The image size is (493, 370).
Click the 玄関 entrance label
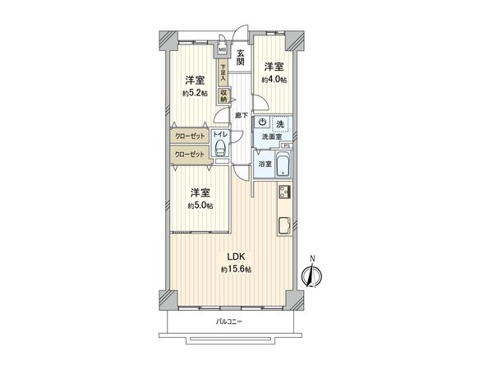coord(241,59)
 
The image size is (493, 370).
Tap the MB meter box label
coord(222,49)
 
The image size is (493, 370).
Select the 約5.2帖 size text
coord(195,92)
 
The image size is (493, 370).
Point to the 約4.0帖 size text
coord(274,80)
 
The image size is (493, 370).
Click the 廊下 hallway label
coord(241,116)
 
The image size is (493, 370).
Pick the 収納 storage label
coord(223,95)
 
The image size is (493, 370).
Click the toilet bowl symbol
coord(219,148)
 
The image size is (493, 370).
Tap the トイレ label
coord(219,134)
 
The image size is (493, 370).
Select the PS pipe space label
coord(285,146)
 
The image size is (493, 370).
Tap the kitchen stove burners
coord(283,195)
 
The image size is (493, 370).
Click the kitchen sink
coord(283,224)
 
